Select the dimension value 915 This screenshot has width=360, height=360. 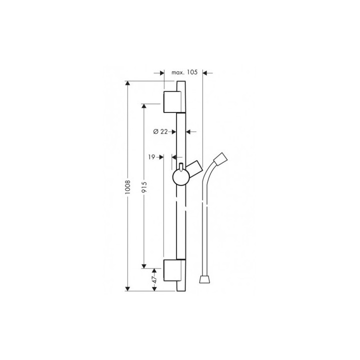(144, 185)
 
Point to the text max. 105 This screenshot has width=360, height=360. (185, 72)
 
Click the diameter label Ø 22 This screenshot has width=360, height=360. (160, 131)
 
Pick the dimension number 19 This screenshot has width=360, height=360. (151, 156)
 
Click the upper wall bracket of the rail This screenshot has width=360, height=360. (171, 101)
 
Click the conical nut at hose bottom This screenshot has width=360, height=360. (203, 278)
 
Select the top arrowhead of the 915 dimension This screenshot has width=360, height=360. (144, 107)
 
